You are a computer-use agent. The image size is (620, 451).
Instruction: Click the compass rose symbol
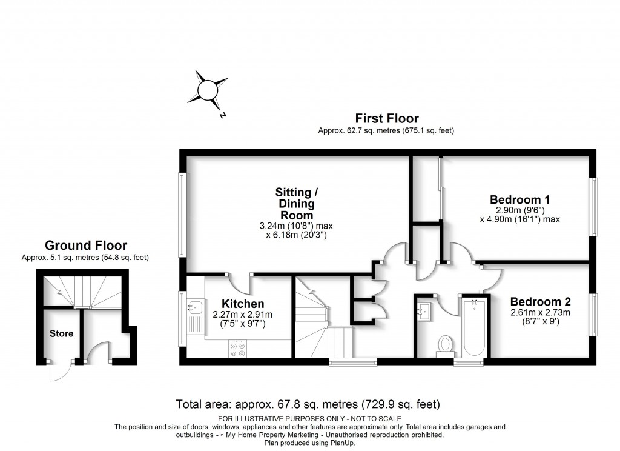pos(208,91)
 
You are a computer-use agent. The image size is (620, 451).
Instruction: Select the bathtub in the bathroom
pos(474,328)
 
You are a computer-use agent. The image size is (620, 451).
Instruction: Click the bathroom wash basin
pos(426,310)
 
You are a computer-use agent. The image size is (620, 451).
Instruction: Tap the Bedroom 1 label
pos(519,199)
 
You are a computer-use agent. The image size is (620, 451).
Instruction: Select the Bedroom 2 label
pos(540,301)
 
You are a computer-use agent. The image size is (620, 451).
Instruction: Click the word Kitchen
pos(242,304)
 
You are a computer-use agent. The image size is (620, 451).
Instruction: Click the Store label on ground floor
pos(61,333)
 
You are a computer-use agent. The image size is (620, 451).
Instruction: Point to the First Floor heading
pos(386,118)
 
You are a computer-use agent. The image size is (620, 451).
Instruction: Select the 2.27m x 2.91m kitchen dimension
pos(242,315)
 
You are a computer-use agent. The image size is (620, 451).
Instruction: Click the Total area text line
pos(308,404)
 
